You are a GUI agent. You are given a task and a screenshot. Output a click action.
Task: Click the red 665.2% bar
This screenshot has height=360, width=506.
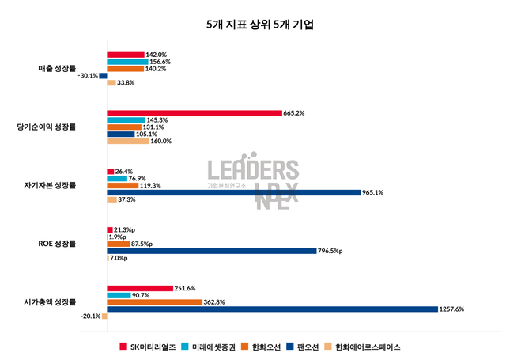[x=194, y=112]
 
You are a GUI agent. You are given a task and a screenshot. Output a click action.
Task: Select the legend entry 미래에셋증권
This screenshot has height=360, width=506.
[x=208, y=346]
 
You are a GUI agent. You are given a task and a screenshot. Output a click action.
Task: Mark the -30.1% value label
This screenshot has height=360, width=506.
[x=89, y=76]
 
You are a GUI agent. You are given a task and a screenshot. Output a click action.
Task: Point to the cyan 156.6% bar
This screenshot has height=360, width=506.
[x=126, y=62]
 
